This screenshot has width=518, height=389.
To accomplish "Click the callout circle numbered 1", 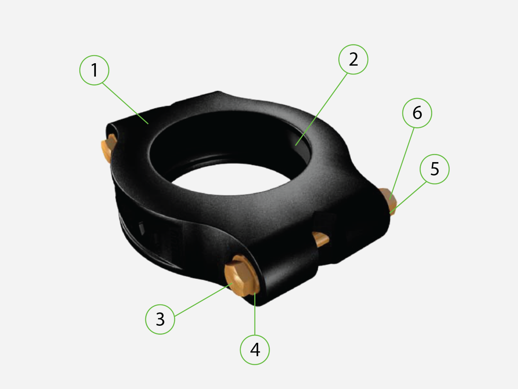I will click(x=94, y=70).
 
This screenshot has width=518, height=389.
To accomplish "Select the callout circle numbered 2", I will click(x=353, y=59).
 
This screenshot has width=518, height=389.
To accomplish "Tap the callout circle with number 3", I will click(x=160, y=319).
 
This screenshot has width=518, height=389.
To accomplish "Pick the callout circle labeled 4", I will click(x=255, y=350).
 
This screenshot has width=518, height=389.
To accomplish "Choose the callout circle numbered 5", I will click(x=435, y=169).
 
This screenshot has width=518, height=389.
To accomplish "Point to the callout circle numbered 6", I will click(x=417, y=113).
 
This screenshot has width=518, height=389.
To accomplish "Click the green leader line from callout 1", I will click(x=125, y=103).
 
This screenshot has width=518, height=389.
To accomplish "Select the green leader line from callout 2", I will click(x=322, y=109).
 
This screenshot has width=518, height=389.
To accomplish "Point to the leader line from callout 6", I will click(x=402, y=162).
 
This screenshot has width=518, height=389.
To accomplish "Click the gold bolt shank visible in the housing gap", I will click(x=321, y=239).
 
